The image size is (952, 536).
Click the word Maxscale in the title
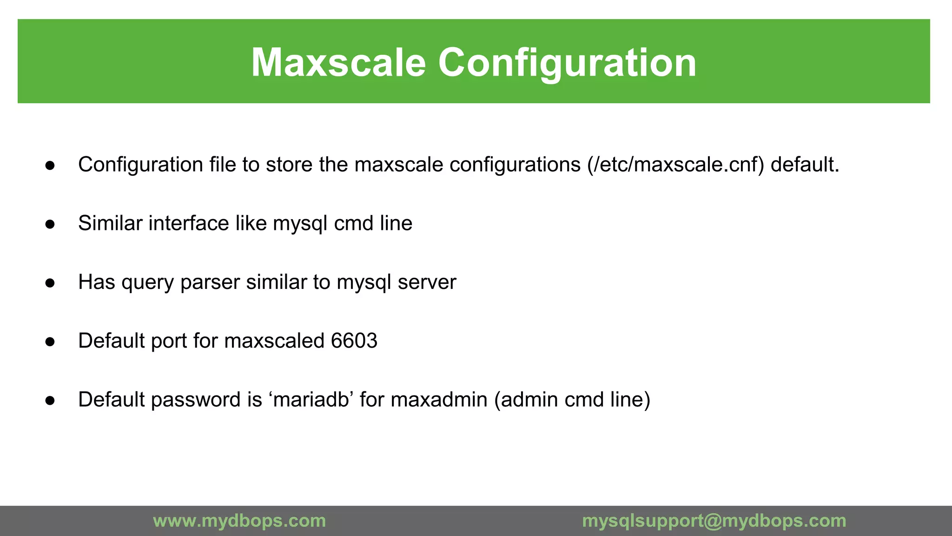point(338,63)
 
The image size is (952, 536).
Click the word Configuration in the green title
point(567,63)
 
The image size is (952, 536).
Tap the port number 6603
point(354,341)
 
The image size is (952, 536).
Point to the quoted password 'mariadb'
point(311,400)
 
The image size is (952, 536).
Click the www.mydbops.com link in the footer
point(239,521)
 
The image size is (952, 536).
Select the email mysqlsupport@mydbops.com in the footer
point(714,521)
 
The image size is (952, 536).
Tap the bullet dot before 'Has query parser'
point(50,283)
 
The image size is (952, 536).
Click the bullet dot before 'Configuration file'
point(50,166)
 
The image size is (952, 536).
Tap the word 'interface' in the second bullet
point(189,223)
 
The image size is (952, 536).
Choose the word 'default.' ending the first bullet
point(805,165)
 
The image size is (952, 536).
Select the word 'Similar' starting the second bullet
point(110,223)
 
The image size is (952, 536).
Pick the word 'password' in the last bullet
point(195,400)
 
